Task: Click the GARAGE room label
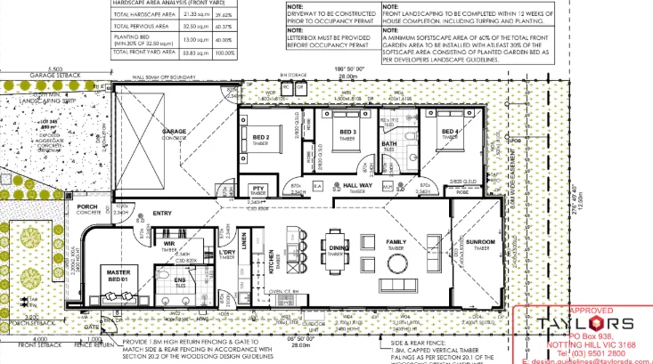[x=174, y=132]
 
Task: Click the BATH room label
[x=389, y=144]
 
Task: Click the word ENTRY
[x=162, y=214]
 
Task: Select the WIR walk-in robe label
[x=168, y=241]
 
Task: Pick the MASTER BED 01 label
[x=118, y=275]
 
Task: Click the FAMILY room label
[x=396, y=241]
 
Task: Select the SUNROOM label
[x=479, y=241]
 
